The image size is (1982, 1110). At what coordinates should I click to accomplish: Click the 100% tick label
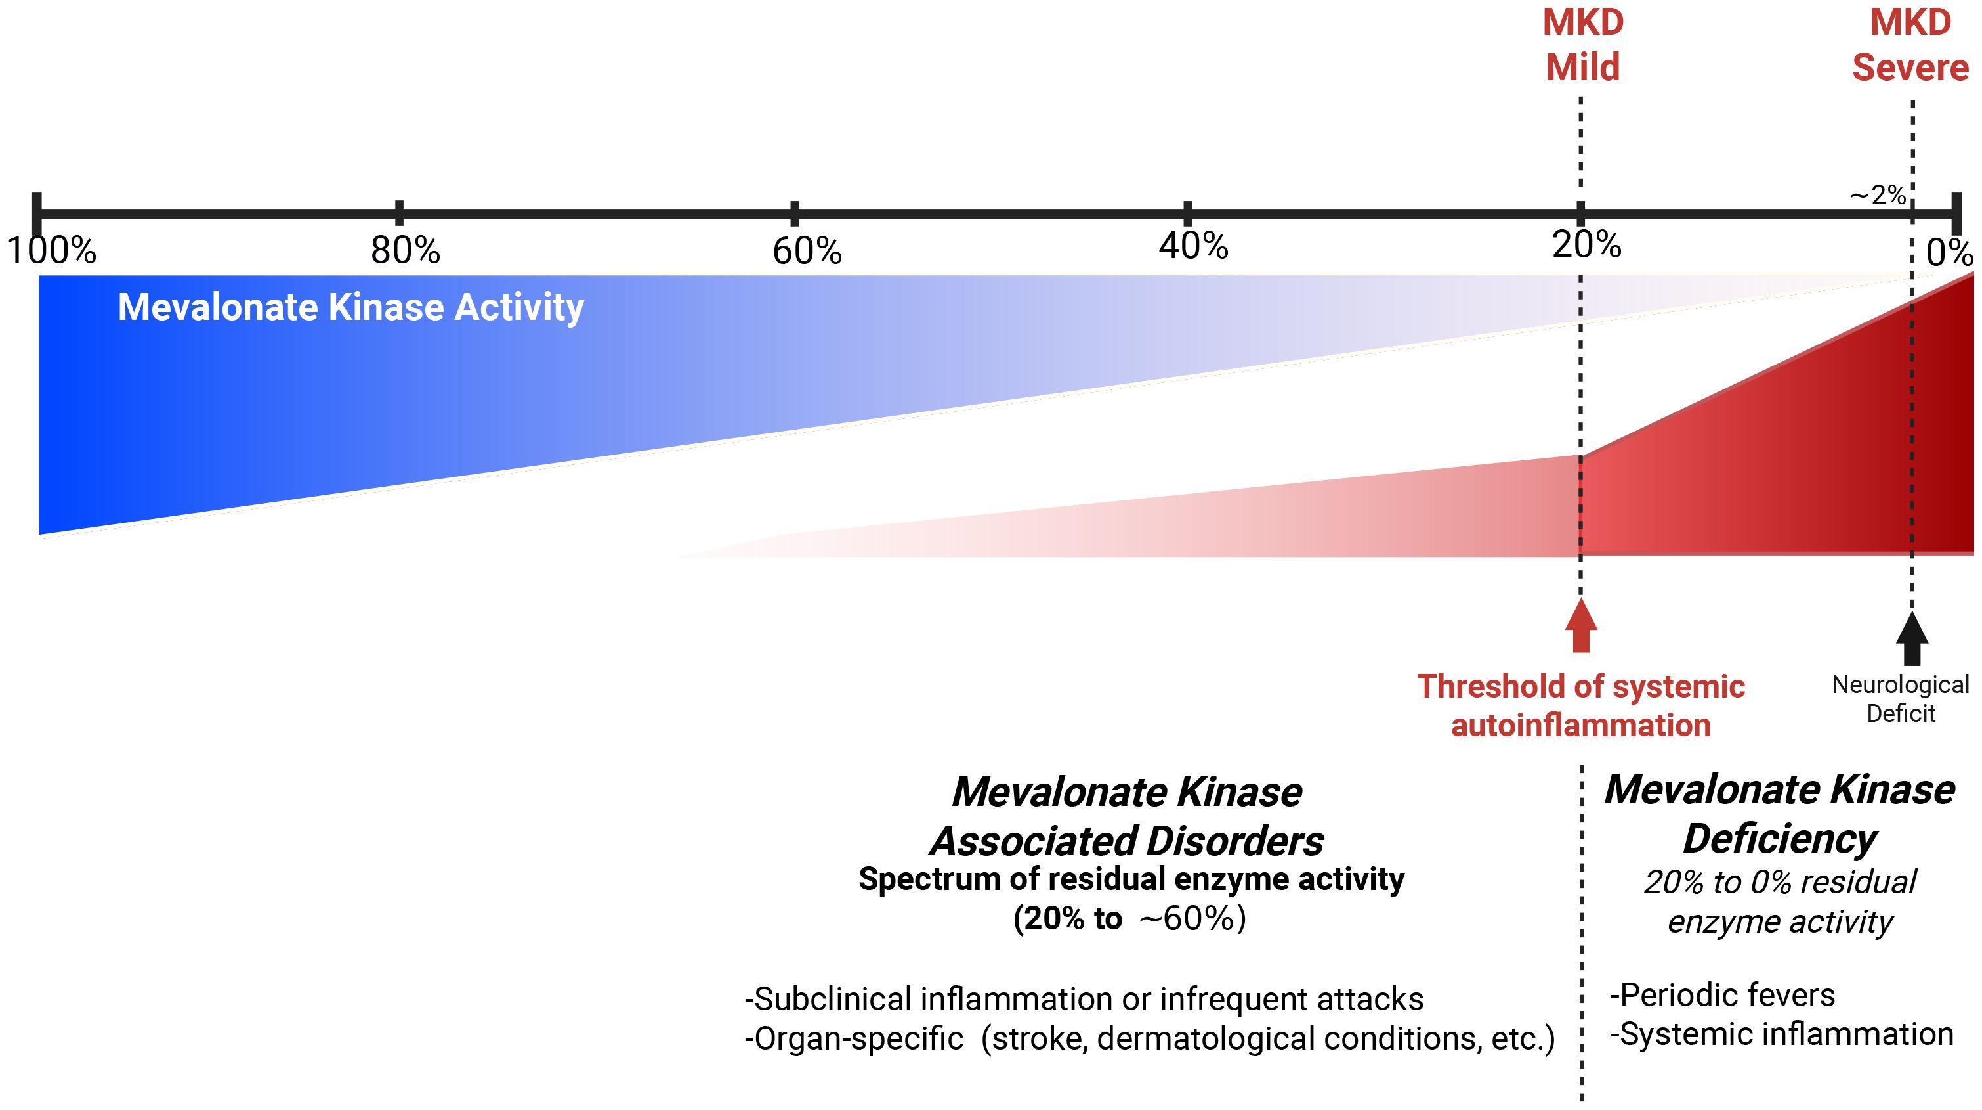(52, 251)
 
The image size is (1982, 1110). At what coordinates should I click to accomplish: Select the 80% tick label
(406, 251)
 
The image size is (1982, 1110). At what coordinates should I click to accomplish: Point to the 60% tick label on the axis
(807, 252)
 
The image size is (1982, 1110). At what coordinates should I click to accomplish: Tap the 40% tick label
(1193, 246)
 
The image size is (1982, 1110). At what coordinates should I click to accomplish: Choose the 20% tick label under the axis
(1586, 246)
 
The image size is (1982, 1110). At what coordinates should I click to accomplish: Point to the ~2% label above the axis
(1878, 196)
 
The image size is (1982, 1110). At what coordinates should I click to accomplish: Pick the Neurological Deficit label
(1901, 698)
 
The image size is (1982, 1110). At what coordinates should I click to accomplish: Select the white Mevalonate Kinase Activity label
(351, 307)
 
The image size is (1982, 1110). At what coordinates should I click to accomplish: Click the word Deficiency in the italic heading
(1780, 838)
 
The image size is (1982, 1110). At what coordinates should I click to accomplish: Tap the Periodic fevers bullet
(1723, 995)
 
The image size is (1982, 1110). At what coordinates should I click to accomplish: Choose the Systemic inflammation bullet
(1782, 1034)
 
